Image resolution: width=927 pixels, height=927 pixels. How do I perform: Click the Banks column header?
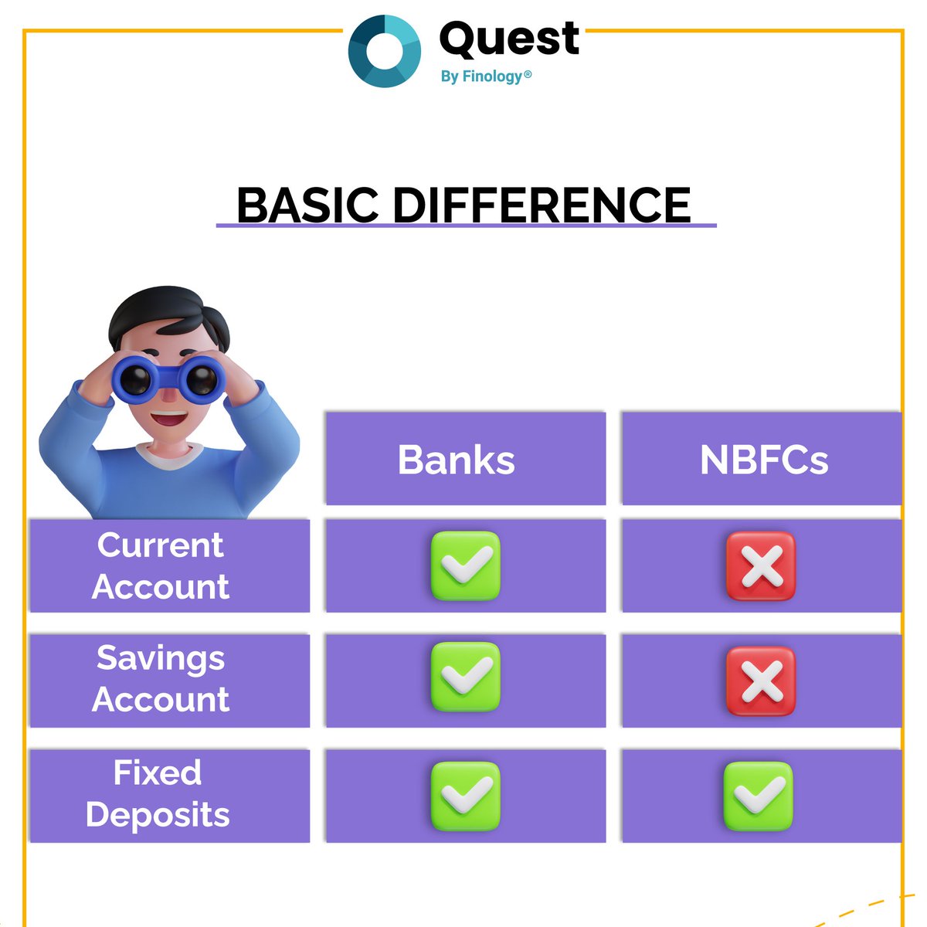click(457, 460)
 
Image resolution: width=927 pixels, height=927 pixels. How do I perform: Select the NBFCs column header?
click(763, 460)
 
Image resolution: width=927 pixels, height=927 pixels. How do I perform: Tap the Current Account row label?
click(161, 565)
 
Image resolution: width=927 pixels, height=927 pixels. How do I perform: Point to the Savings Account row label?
click(161, 679)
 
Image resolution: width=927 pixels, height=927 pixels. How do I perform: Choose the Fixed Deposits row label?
click(158, 793)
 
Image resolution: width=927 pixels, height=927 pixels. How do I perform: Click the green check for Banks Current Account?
click(465, 565)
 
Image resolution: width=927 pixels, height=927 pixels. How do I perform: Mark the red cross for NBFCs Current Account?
click(761, 565)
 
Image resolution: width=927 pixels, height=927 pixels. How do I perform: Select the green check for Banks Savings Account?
click(465, 678)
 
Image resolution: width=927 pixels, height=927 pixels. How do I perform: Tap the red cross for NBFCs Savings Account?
click(761, 680)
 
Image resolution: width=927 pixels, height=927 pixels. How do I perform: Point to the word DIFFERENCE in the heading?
click(542, 205)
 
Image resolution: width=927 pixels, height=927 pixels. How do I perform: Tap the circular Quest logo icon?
click(384, 51)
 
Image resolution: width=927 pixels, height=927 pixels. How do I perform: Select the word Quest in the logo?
click(509, 39)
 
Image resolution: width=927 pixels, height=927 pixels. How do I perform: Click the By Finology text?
click(486, 76)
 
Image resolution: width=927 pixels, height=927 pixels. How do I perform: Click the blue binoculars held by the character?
click(168, 378)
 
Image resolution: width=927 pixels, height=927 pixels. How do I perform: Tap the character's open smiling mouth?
click(169, 420)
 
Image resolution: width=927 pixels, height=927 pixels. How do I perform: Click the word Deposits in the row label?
click(158, 814)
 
